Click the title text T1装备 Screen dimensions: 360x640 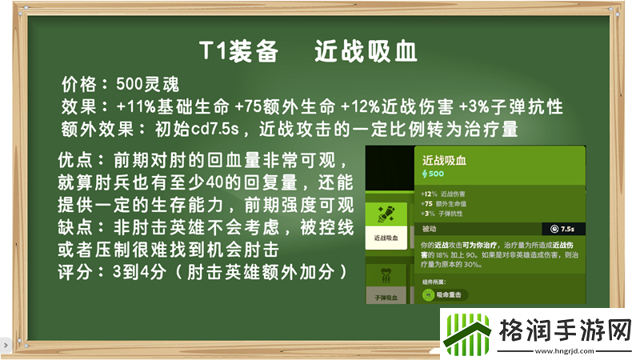pyautogui.click(x=238, y=51)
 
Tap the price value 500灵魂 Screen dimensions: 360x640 pyautogui.click(x=149, y=84)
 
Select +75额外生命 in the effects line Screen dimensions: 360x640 pyautogui.click(x=286, y=106)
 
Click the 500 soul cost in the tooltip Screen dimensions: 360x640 pyautogui.click(x=433, y=174)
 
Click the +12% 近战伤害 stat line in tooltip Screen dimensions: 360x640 pyautogui.click(x=444, y=194)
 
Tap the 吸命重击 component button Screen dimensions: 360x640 pyautogui.click(x=445, y=294)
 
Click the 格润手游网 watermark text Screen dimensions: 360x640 pyautogui.click(x=559, y=328)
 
